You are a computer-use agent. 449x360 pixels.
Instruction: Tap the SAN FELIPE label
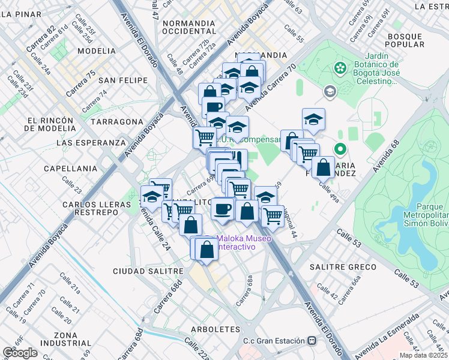pyautogui.click(x=123, y=80)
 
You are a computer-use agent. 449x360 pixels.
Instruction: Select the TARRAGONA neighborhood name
pyautogui.click(x=116, y=121)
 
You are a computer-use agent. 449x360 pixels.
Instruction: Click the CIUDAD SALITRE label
pyautogui.click(x=147, y=271)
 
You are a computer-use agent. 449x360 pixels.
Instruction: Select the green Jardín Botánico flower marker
pyautogui.click(x=340, y=67)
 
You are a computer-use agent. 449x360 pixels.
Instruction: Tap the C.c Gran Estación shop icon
pyautogui.click(x=312, y=341)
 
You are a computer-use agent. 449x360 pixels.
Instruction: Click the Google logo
pyautogui.click(x=20, y=353)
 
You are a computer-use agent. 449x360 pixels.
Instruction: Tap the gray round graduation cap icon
pyautogui.click(x=330, y=92)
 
